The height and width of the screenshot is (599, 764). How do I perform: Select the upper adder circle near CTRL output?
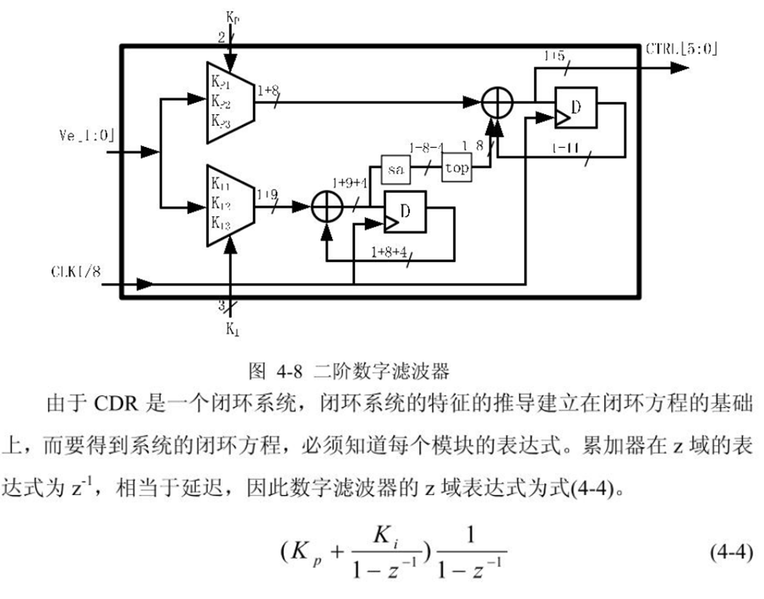[x=499, y=103]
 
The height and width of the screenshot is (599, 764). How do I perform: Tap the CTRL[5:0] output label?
[x=681, y=48]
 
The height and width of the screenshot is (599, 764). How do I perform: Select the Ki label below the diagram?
[x=232, y=329]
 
